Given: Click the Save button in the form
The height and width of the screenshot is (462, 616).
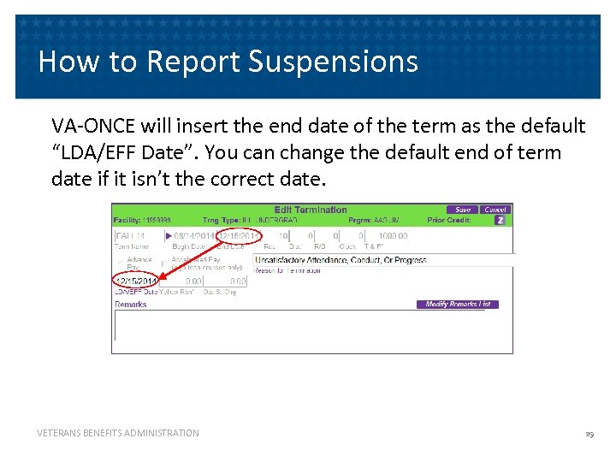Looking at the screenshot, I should click(x=463, y=210).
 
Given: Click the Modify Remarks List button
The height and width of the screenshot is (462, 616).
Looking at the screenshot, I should click(x=458, y=305).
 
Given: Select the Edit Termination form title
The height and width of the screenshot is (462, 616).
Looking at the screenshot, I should click(x=311, y=210).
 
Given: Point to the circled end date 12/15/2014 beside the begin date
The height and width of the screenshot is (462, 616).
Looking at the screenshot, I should click(x=239, y=235).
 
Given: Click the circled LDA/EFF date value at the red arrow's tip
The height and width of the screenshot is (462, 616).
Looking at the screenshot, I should click(x=135, y=281).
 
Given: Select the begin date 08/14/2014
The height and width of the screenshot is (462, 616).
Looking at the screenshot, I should click(x=194, y=235).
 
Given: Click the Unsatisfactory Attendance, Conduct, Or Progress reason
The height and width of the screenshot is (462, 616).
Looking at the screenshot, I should click(x=340, y=260).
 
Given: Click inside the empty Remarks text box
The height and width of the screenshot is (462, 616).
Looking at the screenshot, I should click(x=312, y=329).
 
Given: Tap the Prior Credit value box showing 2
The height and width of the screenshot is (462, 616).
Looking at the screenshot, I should click(x=500, y=220).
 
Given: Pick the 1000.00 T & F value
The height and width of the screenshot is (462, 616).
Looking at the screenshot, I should click(x=393, y=235).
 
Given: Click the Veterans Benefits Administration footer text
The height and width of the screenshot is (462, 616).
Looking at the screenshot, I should click(x=118, y=434).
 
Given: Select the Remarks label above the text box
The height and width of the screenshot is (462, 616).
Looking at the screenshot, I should click(x=131, y=305).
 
